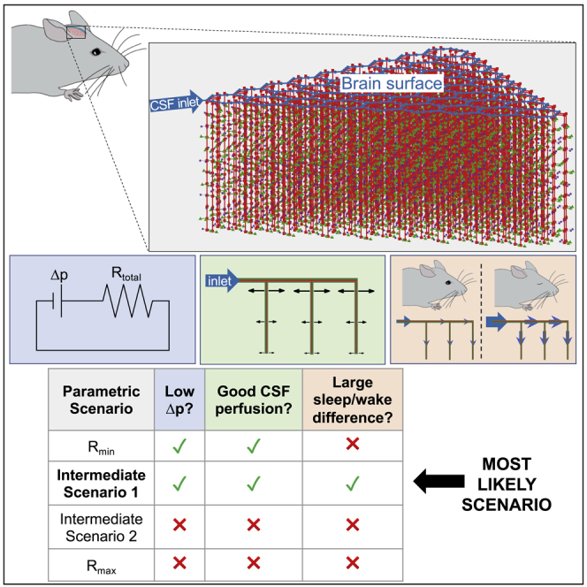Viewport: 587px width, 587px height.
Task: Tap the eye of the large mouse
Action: tap(95, 54)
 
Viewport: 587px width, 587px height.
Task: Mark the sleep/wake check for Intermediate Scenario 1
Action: tap(352, 483)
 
